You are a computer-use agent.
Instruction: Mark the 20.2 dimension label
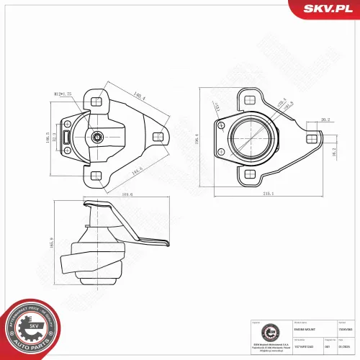325,120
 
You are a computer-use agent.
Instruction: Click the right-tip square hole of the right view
310,137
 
